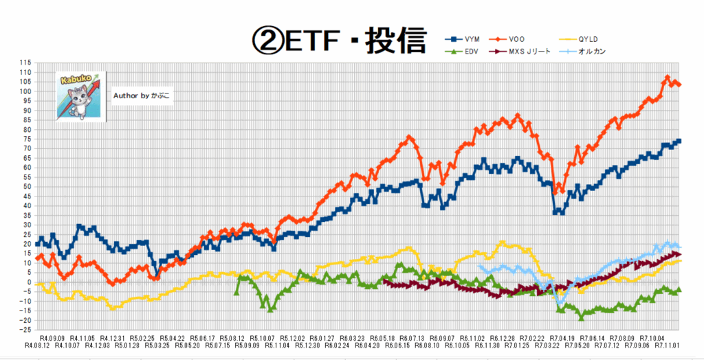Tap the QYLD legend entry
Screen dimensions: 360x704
tap(605, 39)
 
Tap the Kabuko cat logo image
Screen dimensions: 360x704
tap(80, 96)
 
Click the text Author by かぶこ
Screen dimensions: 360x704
tap(142, 96)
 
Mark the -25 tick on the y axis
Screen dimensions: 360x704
tap(25, 330)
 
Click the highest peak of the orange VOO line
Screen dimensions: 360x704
tap(668, 78)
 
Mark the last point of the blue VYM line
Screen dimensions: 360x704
tap(679, 142)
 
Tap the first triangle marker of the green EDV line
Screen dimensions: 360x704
tap(236, 292)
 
